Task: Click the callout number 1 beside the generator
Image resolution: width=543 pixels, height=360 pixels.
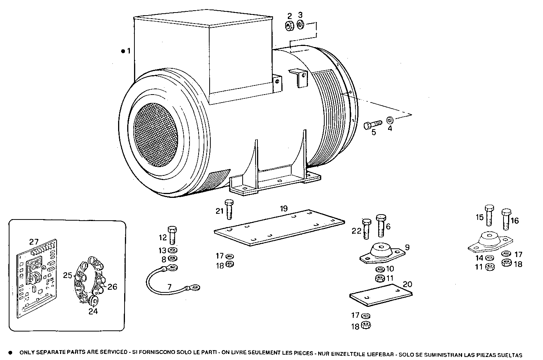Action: (129, 51)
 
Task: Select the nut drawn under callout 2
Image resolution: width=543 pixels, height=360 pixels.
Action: (289, 26)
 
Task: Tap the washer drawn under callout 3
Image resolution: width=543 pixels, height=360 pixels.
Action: (300, 25)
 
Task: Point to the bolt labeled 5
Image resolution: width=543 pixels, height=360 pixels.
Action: (373, 125)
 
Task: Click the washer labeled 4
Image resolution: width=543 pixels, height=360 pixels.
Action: (390, 120)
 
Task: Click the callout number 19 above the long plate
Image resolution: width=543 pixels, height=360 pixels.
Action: (284, 208)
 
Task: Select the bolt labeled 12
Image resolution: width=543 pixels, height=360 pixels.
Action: (172, 235)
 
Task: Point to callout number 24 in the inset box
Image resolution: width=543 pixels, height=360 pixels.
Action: (93, 311)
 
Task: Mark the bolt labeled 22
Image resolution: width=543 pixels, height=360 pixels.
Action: (366, 229)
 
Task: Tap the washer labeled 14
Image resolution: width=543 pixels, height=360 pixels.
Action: (489, 259)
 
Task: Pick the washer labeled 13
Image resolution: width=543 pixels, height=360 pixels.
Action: (172, 251)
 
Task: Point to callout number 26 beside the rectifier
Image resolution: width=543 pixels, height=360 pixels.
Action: (112, 287)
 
